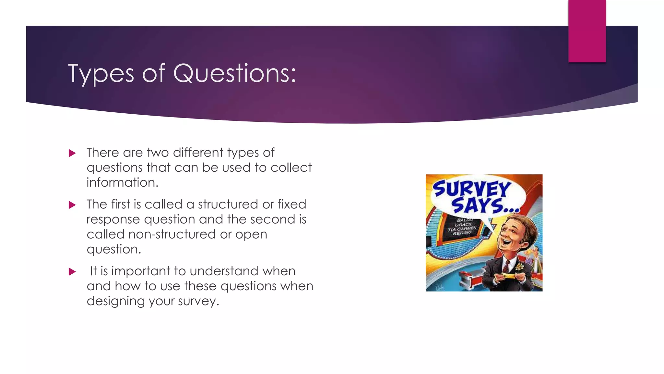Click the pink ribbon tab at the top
587,31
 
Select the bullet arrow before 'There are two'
72,153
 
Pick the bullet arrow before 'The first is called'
72,205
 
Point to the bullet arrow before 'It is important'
72,272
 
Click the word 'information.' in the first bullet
122,182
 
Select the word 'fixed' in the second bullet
292,204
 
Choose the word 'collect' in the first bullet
291,168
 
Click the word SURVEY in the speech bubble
472,189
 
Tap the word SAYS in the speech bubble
477,205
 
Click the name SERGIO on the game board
462,233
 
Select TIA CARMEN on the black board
462,229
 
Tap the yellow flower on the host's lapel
520,267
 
